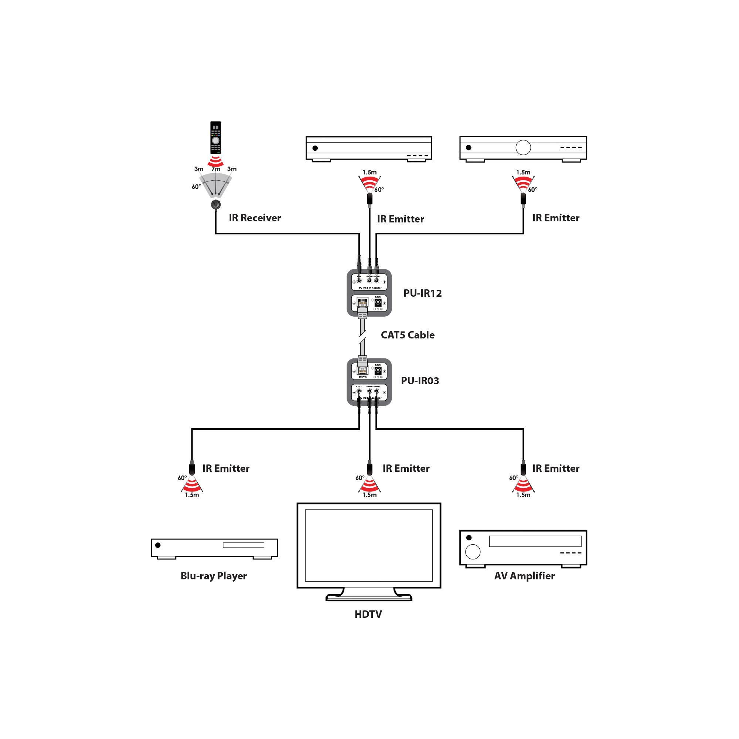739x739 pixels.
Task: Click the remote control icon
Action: (216, 137)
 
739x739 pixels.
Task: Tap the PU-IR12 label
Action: (422, 293)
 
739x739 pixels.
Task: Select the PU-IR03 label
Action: (420, 381)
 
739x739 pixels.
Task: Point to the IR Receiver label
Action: (255, 218)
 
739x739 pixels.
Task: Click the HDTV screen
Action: (369, 546)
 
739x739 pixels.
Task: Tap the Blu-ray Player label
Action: (214, 576)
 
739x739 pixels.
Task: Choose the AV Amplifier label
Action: (524, 576)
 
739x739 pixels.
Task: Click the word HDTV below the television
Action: (368, 615)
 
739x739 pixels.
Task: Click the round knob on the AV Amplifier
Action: (473, 552)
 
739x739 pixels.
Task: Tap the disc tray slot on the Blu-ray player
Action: (243, 545)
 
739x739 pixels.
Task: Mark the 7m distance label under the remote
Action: (216, 169)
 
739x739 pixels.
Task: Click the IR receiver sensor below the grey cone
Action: (216, 204)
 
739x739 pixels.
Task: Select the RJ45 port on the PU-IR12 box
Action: (362, 303)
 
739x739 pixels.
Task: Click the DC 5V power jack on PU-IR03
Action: (378, 370)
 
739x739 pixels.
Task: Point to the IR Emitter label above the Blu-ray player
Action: (226, 469)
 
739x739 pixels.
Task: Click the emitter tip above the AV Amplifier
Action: (523, 469)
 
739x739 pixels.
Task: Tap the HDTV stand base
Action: (369, 597)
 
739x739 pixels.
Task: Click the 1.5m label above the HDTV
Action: (369, 495)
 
